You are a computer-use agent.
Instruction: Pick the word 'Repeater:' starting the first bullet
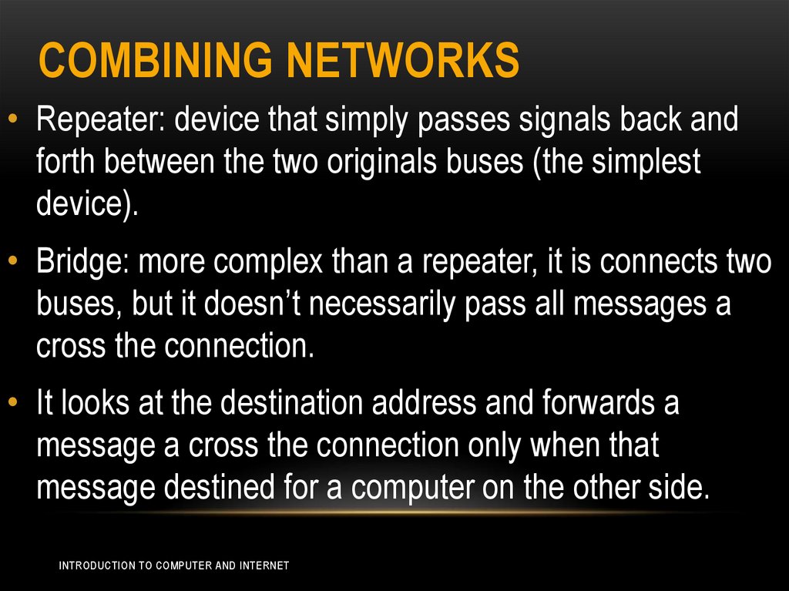click(x=100, y=121)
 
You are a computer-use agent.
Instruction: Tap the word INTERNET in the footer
click(x=264, y=566)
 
